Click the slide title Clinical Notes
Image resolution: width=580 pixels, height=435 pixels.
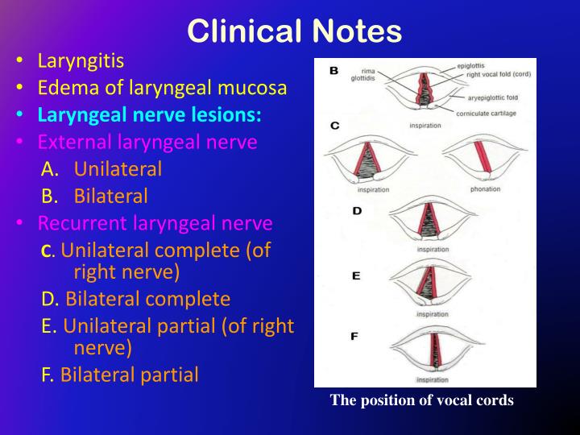pos(294,31)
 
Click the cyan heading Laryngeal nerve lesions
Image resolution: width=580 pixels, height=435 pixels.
pos(149,114)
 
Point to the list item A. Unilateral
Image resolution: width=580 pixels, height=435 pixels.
pos(101,169)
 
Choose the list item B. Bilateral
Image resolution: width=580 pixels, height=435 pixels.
pos(95,196)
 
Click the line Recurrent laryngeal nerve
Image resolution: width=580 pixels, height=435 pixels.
pos(155,222)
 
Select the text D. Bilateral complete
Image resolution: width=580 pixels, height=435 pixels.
pos(136,300)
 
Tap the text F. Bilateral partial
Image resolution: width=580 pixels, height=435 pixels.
pos(120,375)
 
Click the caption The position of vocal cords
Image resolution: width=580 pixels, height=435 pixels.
pos(421,400)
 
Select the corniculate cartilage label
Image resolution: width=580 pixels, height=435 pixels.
pos(486,113)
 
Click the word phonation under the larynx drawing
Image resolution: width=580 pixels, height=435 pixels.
pos(485,189)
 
